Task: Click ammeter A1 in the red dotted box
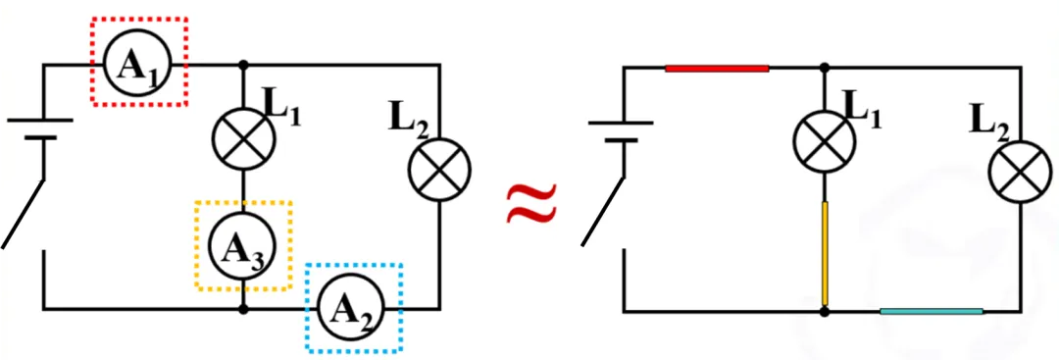[138, 64]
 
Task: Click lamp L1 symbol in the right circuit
[824, 140]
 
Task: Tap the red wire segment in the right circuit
[717, 69]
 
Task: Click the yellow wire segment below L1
[825, 253]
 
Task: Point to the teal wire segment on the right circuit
[933, 311]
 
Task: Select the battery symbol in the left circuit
[40, 129]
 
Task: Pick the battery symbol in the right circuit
[621, 131]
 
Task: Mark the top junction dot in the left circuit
[244, 65]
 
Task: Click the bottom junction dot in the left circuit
[244, 310]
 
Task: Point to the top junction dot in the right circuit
[824, 69]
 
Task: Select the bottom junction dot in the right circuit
[824, 311]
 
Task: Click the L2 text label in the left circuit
[409, 121]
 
